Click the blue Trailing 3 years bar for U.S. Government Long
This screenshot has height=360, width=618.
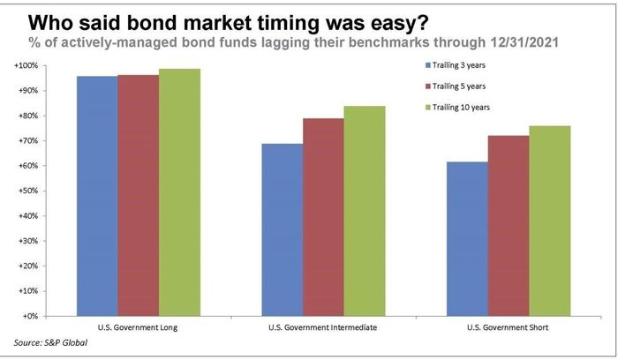click(x=97, y=196)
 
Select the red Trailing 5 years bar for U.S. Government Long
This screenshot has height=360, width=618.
click(x=139, y=195)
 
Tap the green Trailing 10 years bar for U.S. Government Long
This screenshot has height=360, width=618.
click(x=179, y=192)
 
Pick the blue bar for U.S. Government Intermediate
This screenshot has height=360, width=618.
click(x=283, y=229)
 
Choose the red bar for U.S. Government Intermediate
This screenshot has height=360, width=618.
click(x=324, y=217)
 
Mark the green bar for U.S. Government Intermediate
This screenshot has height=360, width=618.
click(x=365, y=211)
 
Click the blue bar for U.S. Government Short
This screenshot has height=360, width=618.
click(x=467, y=239)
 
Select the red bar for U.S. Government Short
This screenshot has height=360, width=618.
click(x=509, y=226)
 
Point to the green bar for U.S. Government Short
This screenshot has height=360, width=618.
click(x=549, y=221)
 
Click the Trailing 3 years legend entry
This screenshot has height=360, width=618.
click(x=456, y=65)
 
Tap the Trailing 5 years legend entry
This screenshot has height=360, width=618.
click(x=456, y=86)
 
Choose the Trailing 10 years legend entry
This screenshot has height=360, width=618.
click(x=457, y=107)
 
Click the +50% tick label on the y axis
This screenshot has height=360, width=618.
click(x=29, y=191)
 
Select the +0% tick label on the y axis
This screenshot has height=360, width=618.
click(x=30, y=316)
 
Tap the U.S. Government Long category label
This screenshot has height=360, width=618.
click(x=138, y=327)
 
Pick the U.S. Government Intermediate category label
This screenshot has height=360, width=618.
click(x=323, y=327)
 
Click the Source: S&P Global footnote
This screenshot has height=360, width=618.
click(x=50, y=342)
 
